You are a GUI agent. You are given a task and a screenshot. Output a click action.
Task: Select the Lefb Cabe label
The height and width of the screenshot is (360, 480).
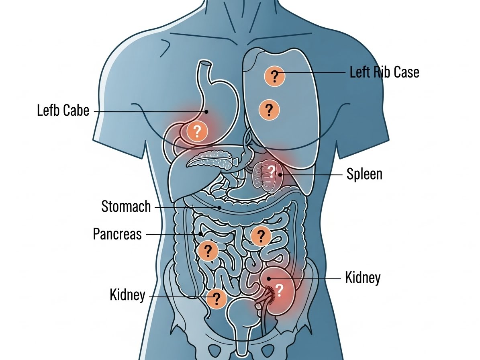[x=63, y=110]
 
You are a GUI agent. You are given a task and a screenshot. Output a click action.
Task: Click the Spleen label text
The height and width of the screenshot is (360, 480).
[x=364, y=175]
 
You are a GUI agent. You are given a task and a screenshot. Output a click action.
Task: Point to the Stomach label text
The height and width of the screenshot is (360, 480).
[x=126, y=207]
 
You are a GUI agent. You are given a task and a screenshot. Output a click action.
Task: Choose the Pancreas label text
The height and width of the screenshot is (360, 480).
[x=117, y=234]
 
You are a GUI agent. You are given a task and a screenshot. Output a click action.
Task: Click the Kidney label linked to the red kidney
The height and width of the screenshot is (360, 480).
[x=362, y=278]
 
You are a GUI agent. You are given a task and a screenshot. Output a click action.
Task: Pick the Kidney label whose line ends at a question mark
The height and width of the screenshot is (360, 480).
[x=127, y=295]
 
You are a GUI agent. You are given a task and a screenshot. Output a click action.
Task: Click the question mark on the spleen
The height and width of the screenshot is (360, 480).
[x=272, y=171]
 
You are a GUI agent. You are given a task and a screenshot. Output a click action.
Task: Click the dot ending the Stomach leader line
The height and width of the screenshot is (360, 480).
[x=219, y=207]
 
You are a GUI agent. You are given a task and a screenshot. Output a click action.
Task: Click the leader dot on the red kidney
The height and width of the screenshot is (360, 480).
[x=269, y=278]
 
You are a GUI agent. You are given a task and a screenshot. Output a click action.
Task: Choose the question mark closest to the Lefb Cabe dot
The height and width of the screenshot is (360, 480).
[x=197, y=131]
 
